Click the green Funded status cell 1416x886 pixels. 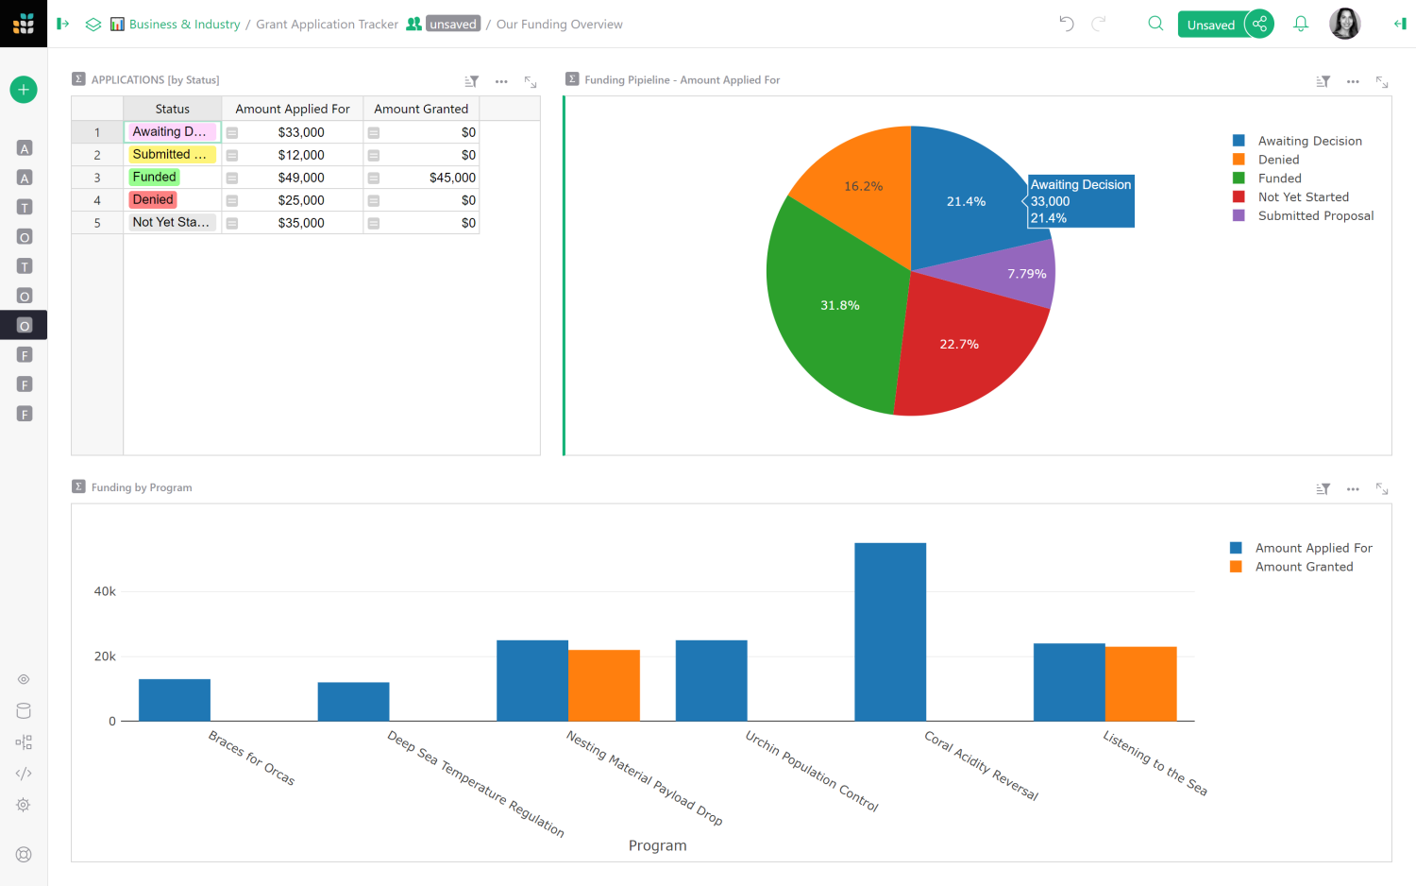(x=155, y=178)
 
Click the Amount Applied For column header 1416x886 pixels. (x=292, y=110)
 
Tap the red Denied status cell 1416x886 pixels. (x=153, y=200)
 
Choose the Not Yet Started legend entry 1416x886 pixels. (x=1303, y=197)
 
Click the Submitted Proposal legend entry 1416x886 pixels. (x=1315, y=216)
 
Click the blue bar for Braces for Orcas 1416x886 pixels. (x=175, y=700)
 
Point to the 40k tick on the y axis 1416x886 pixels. (x=105, y=591)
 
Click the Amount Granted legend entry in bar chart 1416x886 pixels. (x=1304, y=567)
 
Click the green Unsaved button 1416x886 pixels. (x=1210, y=25)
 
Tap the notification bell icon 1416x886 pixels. (x=1301, y=25)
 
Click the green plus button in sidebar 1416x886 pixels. (x=24, y=90)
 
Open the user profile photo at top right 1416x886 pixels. (x=1344, y=25)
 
